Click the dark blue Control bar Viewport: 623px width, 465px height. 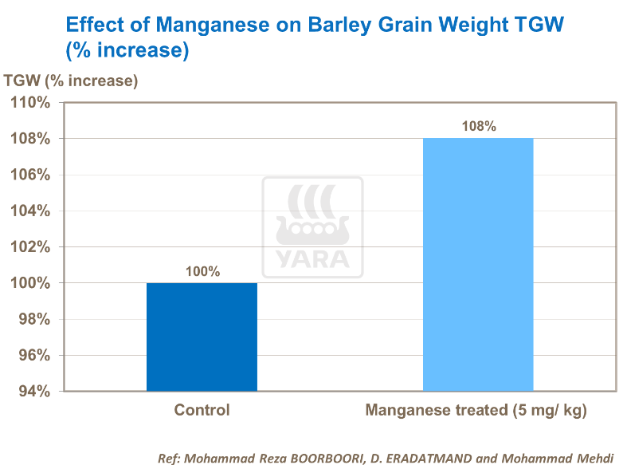point(202,337)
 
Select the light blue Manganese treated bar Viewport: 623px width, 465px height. point(478,264)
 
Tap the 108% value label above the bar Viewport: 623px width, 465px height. point(478,126)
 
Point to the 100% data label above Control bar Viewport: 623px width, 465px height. point(202,271)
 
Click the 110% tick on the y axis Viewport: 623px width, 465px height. point(29,103)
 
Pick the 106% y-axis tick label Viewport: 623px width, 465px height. point(29,175)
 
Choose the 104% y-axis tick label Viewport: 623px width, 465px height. point(29,211)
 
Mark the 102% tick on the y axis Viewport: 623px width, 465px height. point(29,247)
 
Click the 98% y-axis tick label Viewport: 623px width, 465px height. point(33,319)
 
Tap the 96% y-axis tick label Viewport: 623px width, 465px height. point(33,355)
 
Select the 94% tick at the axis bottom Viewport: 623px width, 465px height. point(33,391)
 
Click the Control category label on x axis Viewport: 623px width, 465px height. point(202,411)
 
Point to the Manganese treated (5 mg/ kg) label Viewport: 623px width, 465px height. point(476,411)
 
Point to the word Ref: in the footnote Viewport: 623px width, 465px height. point(171,458)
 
